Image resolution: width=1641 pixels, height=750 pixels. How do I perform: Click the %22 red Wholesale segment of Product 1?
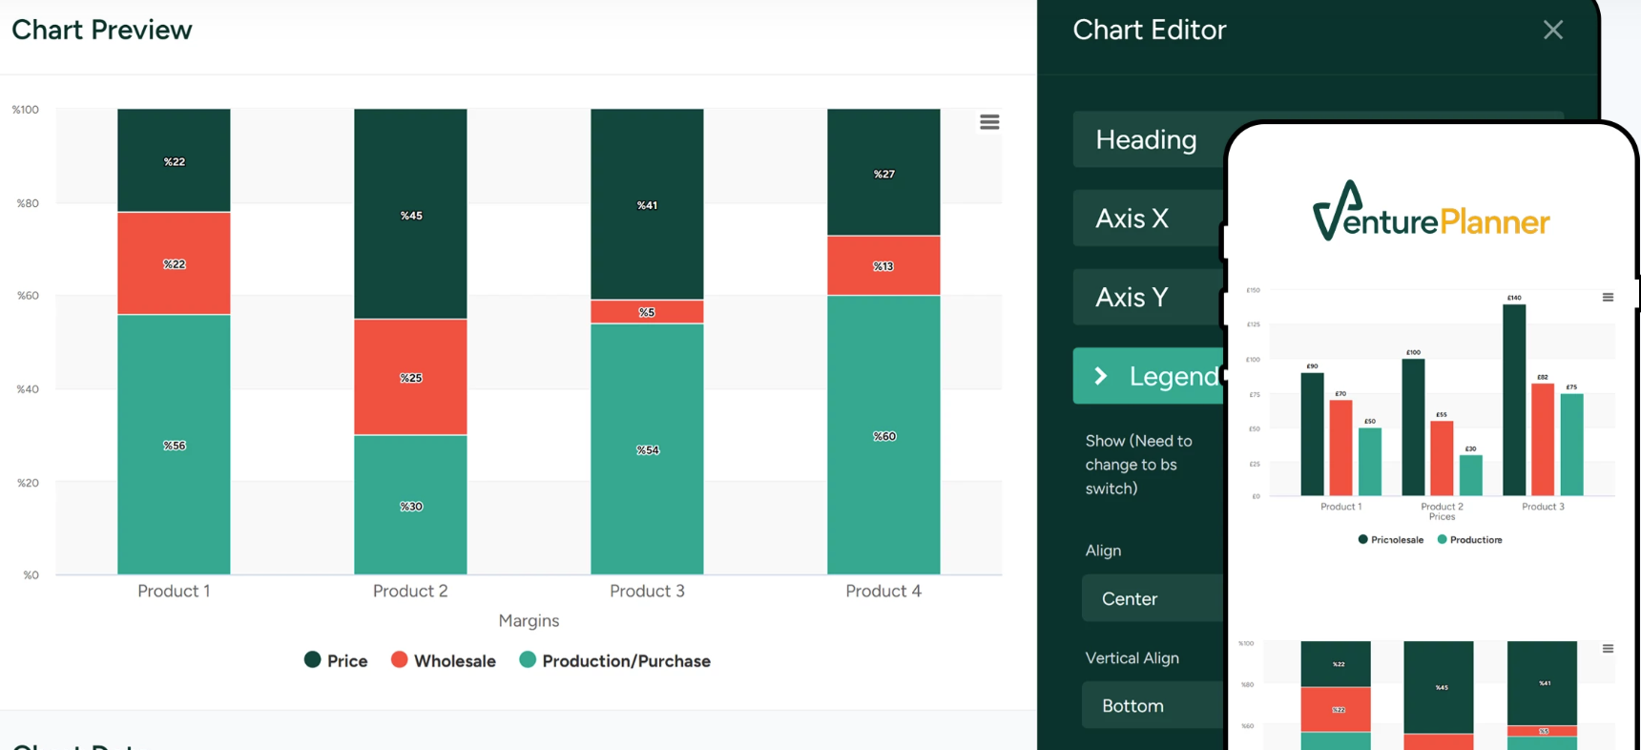point(174,263)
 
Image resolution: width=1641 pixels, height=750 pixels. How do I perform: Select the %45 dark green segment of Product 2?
point(410,215)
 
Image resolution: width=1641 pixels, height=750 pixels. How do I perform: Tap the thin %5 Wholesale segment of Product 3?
point(647,312)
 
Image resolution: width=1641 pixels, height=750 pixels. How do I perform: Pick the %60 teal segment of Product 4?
point(883,435)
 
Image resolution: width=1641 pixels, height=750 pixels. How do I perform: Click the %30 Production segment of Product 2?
point(410,505)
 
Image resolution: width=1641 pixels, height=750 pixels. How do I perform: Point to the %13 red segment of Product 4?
point(883,265)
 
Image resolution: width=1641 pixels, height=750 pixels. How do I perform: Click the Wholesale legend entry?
point(444,660)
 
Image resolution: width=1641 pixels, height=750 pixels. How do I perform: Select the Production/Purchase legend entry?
point(615,660)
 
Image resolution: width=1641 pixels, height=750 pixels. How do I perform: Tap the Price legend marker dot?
point(312,659)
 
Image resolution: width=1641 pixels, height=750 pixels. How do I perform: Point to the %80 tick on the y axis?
point(28,203)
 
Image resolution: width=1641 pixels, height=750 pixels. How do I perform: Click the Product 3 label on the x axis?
point(647,591)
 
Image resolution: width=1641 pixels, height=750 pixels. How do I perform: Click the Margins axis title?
point(529,620)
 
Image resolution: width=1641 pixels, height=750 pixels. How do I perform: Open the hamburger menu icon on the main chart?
point(989,122)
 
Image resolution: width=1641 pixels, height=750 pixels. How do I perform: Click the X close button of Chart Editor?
point(1552,30)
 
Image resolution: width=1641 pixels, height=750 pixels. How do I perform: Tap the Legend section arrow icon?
point(1101,376)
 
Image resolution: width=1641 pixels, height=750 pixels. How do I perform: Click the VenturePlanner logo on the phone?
point(1430,214)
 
